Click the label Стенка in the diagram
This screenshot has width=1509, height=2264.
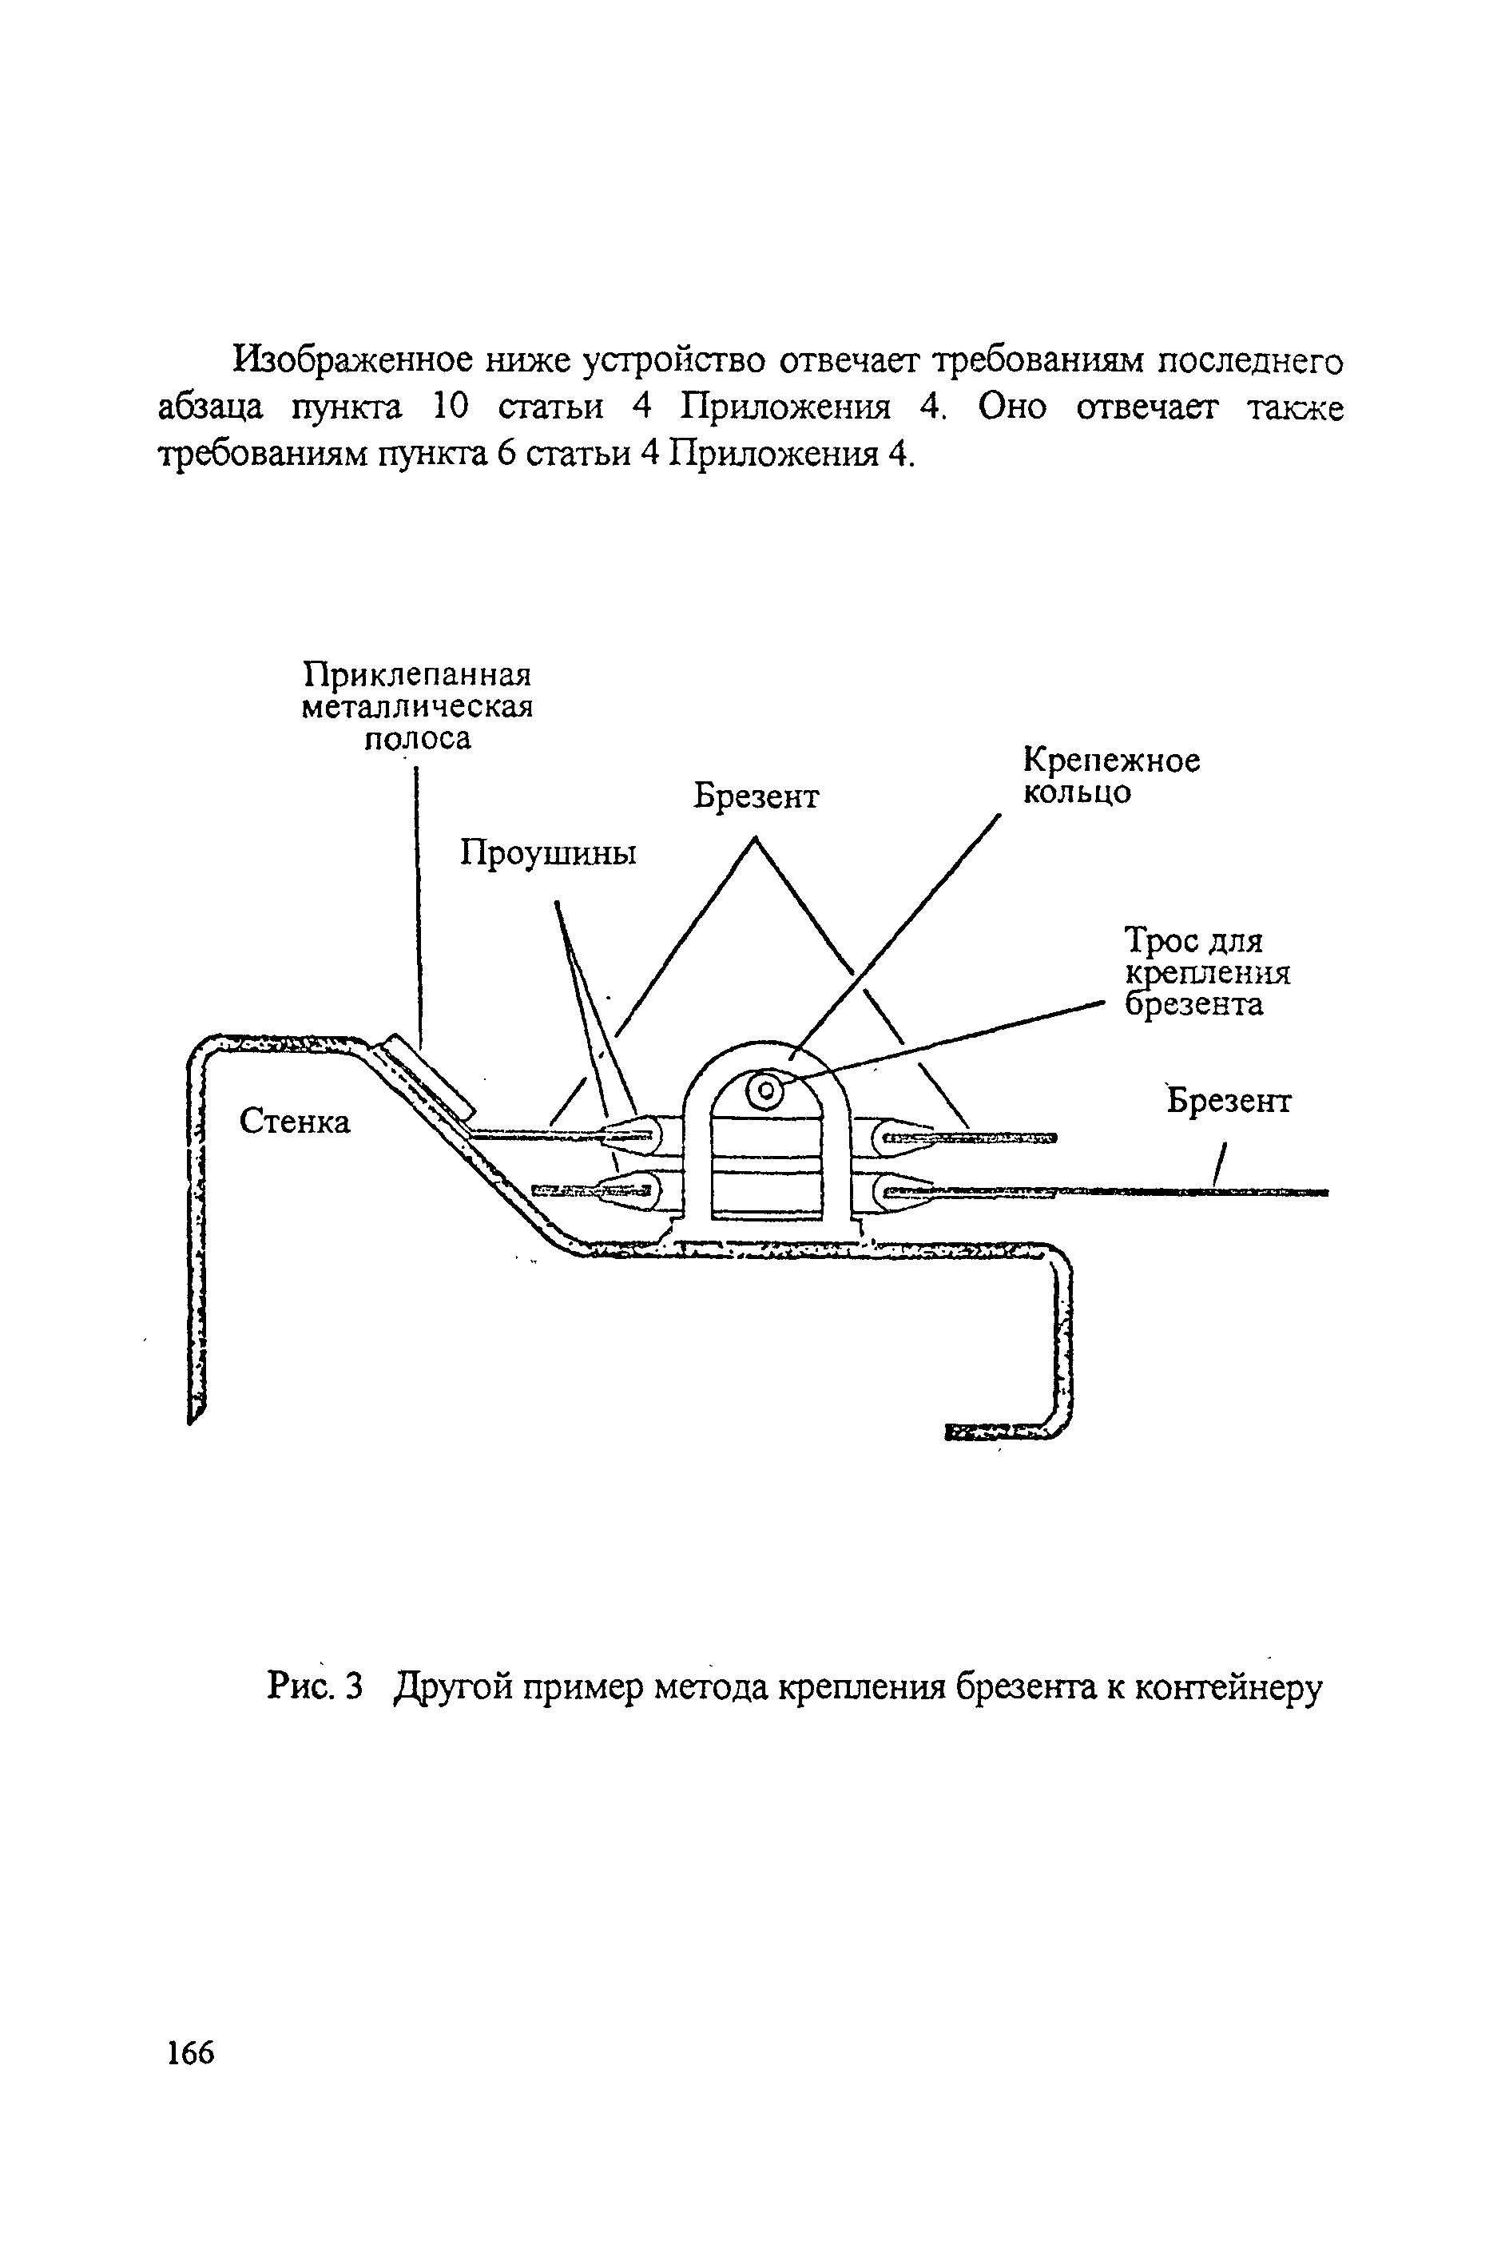pos(295,1121)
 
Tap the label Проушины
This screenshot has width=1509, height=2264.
pos(547,853)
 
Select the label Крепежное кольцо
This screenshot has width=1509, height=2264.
pos(1110,777)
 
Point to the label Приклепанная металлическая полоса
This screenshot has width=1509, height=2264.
pos(417,705)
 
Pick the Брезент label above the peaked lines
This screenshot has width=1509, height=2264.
pos(756,796)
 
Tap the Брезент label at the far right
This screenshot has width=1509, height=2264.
pos(1229,1101)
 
